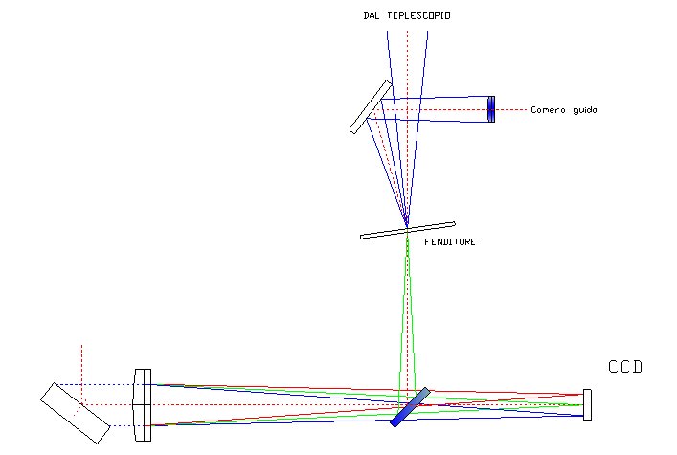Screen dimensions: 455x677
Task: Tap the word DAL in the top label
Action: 372,16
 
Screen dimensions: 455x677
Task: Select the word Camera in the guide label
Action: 549,110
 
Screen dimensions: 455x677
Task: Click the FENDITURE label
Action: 450,242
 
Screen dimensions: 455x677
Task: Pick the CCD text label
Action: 625,367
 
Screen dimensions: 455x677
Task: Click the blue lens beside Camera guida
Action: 491,109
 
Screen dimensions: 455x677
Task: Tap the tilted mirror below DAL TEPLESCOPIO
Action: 372,106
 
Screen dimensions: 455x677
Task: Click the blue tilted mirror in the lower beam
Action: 411,407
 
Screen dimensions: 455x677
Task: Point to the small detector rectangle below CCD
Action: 587,404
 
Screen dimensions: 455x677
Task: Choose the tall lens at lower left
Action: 143,405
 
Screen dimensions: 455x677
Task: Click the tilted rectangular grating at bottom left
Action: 75,413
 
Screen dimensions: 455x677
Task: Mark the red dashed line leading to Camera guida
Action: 512,109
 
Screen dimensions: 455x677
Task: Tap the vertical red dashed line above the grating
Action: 81,364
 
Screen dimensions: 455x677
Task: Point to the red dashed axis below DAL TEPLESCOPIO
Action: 407,57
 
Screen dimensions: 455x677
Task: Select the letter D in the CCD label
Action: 637,367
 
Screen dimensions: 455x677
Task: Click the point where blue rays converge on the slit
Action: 407,227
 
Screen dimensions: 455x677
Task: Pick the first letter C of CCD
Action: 614,367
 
